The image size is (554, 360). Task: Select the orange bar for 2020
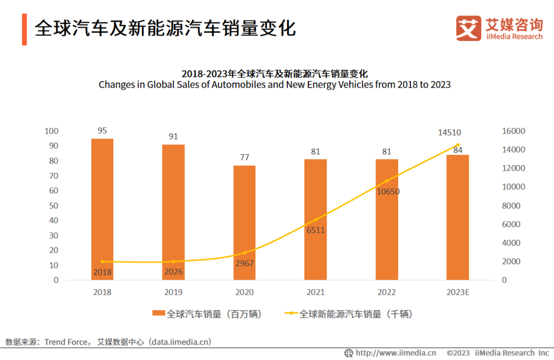[244, 223]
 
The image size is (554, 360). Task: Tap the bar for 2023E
[458, 217]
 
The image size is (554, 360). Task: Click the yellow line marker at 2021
[315, 219]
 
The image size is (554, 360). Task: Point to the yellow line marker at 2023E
[458, 145]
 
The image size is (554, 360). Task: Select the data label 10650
[388, 192]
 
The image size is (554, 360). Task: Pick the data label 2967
[245, 264]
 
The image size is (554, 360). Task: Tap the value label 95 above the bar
[102, 131]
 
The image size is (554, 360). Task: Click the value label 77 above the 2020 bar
[244, 157]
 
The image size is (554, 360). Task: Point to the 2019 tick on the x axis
[173, 292]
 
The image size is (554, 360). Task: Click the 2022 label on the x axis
[386, 292]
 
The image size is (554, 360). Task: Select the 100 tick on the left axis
[52, 131]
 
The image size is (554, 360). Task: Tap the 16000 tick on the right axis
[513, 131]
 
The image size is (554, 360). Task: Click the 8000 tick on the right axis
[511, 206]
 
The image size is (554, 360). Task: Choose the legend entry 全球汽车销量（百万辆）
[208, 314]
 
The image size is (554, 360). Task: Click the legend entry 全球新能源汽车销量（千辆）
[349, 314]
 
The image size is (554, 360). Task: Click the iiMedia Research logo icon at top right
[469, 28]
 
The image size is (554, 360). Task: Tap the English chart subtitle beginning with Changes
[274, 85]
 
